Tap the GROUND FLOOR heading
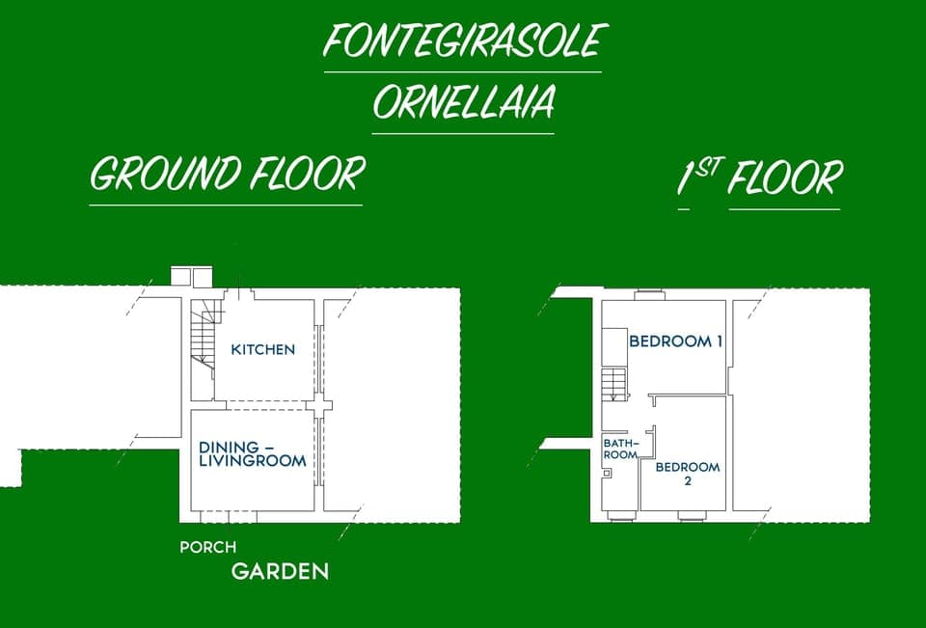227,175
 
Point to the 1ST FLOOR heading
759,178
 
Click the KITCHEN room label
263,349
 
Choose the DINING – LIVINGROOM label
253,453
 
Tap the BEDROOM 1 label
676,341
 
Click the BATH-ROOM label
620,449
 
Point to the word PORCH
207,547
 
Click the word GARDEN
280,571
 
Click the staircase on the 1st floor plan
614,383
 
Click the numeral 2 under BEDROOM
687,480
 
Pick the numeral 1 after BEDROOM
719,341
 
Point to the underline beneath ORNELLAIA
463,132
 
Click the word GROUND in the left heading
165,175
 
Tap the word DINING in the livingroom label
230,447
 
